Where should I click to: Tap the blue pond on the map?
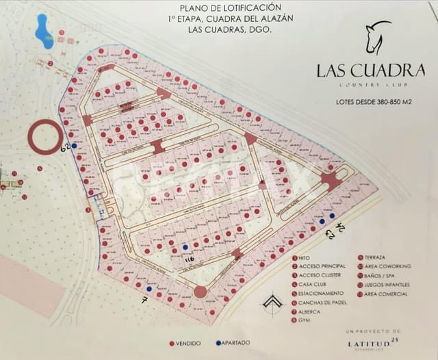point(43,31)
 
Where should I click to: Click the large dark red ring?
point(45,138)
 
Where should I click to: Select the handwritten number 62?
point(66,146)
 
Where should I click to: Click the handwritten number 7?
point(144,300)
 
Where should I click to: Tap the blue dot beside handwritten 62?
point(74,145)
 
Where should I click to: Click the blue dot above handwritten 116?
point(184,246)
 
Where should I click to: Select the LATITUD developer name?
point(369,341)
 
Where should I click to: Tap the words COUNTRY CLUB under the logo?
point(370,85)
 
